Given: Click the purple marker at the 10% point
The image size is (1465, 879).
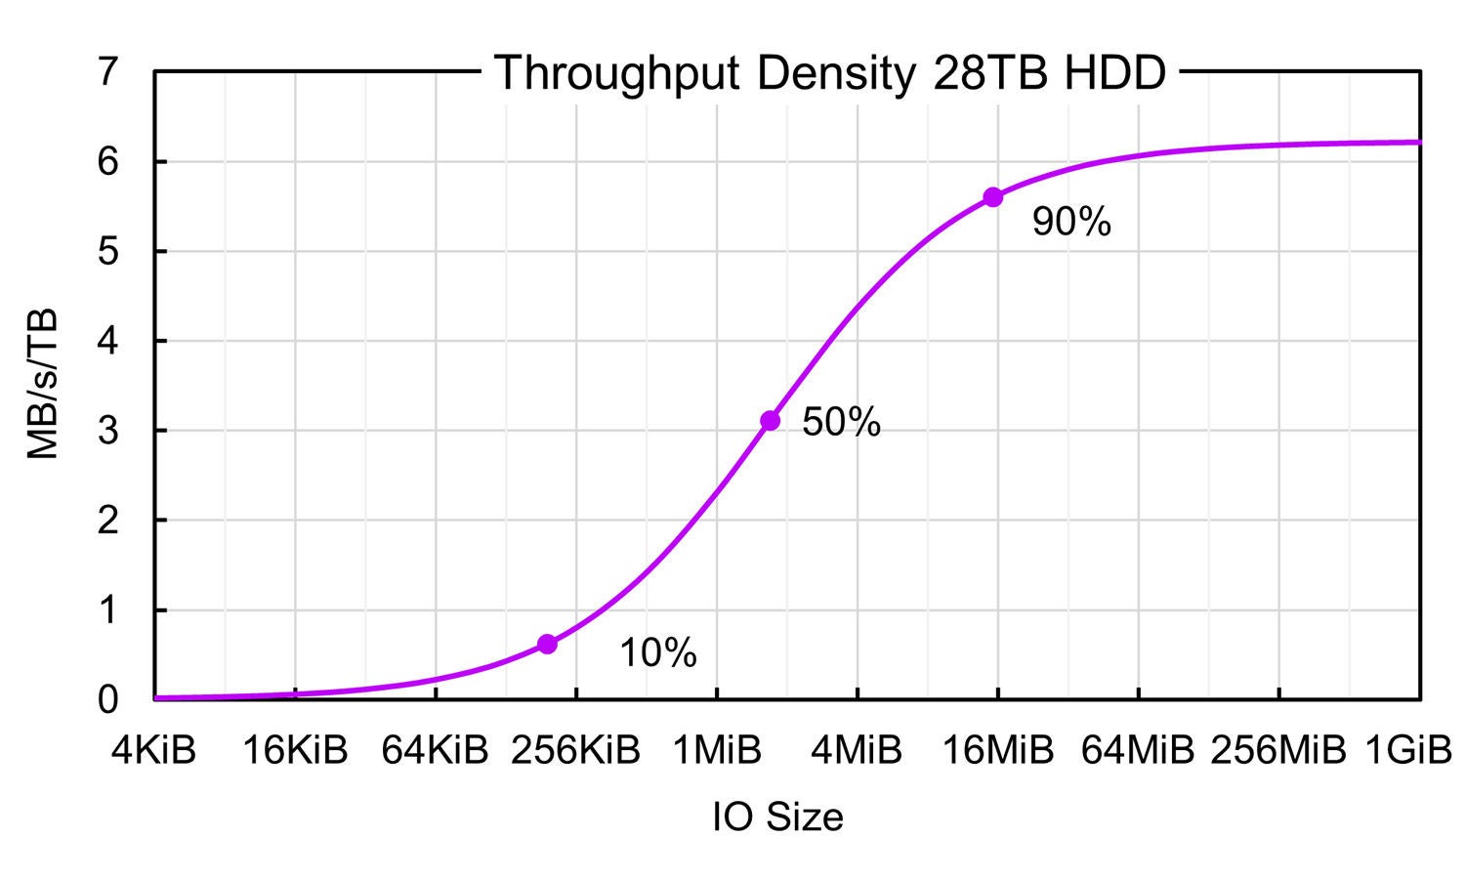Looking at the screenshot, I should click(547, 644).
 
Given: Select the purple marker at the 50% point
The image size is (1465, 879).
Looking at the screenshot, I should click(770, 420).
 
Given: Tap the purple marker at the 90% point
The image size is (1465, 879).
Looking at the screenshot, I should click(993, 197).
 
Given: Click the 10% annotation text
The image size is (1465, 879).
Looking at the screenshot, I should click(658, 653).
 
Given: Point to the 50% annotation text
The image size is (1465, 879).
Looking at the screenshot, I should click(841, 422).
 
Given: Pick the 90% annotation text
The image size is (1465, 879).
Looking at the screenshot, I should click(1071, 223).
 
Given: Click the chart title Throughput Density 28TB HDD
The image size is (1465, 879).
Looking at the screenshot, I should click(829, 73).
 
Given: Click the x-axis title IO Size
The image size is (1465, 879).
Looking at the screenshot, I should click(777, 816).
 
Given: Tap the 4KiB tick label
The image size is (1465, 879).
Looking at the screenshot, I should click(154, 751).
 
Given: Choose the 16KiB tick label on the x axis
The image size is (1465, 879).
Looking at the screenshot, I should click(295, 751).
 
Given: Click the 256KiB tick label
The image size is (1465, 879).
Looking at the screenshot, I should click(576, 751).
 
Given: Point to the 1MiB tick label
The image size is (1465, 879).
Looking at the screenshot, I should click(717, 751).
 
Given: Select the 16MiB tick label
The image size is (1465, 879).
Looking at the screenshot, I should click(998, 751).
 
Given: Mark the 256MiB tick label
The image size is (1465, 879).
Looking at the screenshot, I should click(1278, 751).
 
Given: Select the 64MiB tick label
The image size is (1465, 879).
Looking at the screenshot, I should click(1139, 751).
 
